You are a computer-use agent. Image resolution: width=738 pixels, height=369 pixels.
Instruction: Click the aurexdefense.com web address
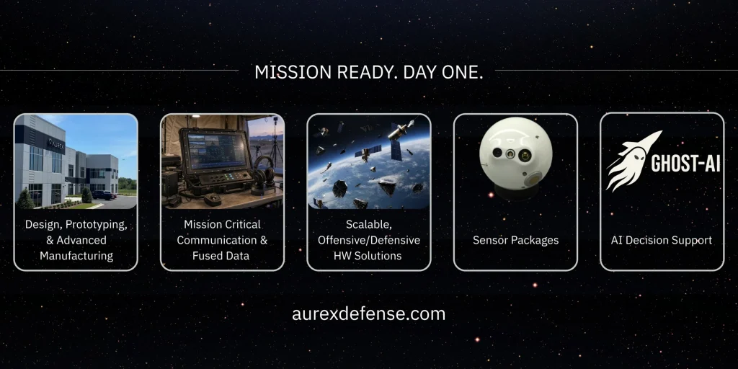click(x=368, y=314)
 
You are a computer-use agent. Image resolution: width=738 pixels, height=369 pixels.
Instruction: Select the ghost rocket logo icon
click(x=632, y=161)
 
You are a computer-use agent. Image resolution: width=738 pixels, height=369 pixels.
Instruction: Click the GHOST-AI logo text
click(x=686, y=164)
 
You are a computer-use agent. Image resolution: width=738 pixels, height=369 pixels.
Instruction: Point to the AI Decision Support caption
click(x=662, y=240)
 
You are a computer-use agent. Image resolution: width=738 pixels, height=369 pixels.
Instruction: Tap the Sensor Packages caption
click(x=515, y=240)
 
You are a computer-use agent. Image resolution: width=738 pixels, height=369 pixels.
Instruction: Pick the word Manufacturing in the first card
click(x=76, y=256)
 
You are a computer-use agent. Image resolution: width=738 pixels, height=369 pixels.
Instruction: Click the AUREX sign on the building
click(x=55, y=143)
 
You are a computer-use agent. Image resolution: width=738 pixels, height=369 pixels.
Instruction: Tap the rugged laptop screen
click(x=215, y=151)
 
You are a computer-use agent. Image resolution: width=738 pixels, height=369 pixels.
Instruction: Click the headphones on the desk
click(x=263, y=174)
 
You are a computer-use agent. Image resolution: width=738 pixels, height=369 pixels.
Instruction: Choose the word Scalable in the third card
click(x=368, y=225)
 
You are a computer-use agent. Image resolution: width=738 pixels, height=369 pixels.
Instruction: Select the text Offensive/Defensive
click(x=368, y=240)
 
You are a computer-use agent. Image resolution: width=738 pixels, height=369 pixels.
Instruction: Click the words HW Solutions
click(x=368, y=256)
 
